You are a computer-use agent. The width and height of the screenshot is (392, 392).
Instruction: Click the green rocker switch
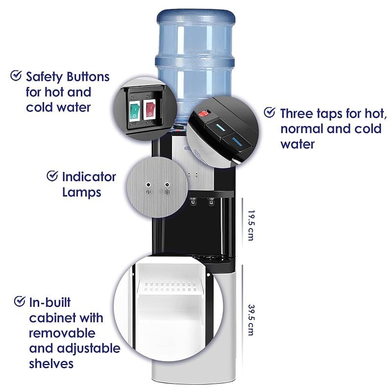click(x=134, y=111)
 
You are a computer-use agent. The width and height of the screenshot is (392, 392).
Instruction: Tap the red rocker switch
click(x=149, y=109)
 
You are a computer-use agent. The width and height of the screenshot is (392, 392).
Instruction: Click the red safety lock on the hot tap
click(x=204, y=114)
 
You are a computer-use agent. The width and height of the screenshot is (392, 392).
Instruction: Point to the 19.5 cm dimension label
click(x=250, y=225)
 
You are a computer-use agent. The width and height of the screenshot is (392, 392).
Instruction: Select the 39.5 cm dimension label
click(x=251, y=320)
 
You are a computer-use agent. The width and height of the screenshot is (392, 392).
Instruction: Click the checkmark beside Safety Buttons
click(x=16, y=75)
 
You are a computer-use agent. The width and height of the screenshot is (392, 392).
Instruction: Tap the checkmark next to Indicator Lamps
click(x=52, y=176)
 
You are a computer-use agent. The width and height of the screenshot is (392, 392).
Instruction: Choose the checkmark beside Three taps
click(x=269, y=112)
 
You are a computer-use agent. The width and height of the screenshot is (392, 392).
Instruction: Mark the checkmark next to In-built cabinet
click(x=20, y=301)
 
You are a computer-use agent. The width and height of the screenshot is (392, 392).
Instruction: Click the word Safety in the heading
click(x=45, y=77)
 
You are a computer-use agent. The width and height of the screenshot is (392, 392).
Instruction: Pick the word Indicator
click(x=89, y=177)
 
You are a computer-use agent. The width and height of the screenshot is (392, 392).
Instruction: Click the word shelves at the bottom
click(x=51, y=364)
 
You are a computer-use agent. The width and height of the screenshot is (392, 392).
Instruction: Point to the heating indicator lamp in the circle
click(x=148, y=185)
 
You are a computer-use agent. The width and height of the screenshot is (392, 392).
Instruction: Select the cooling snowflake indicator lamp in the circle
click(x=167, y=185)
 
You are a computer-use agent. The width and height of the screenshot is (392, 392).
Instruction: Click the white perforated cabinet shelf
click(x=170, y=287)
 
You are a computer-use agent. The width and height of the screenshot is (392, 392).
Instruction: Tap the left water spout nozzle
click(x=193, y=201)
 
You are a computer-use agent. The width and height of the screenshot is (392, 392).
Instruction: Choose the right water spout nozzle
click(x=211, y=201)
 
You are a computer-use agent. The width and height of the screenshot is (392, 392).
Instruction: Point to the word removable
click(x=62, y=333)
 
